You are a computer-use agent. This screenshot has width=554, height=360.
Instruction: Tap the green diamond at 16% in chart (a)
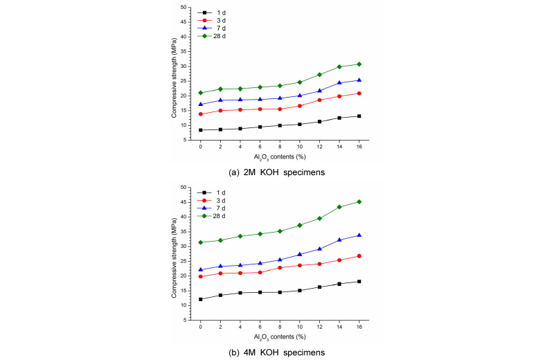359,64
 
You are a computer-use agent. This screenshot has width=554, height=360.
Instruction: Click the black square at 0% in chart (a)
201,130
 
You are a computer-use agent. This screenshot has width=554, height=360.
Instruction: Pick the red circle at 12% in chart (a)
319,100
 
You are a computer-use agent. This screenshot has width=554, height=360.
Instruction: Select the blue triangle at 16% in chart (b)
359,235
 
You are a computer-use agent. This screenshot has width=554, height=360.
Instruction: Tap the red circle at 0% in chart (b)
201,277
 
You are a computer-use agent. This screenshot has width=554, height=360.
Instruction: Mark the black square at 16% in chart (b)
359,281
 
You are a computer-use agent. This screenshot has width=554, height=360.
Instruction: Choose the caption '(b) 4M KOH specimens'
276,352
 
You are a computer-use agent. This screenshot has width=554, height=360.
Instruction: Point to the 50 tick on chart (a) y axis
184,8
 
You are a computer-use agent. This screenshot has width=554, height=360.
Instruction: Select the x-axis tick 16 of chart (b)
359,327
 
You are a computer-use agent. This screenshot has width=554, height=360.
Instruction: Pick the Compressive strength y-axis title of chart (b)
172,253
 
